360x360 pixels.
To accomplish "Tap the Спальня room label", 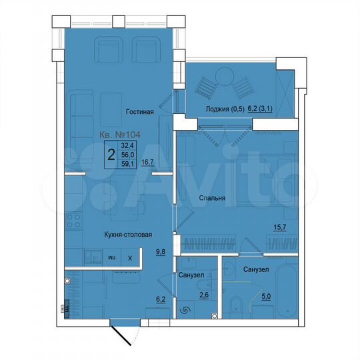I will tap(211, 198).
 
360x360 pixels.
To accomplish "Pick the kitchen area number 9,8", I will tap(161, 251).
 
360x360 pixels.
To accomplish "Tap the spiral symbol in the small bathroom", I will tap(184, 309).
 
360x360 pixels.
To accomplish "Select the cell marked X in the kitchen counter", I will tap(130, 257).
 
